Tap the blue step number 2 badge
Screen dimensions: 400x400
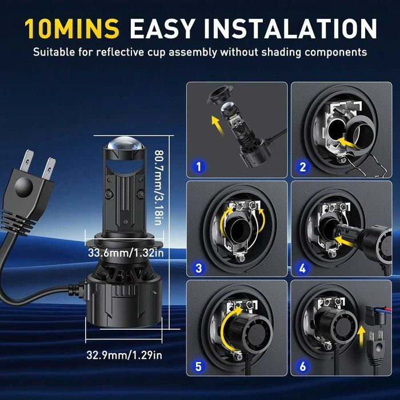point(303,167)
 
